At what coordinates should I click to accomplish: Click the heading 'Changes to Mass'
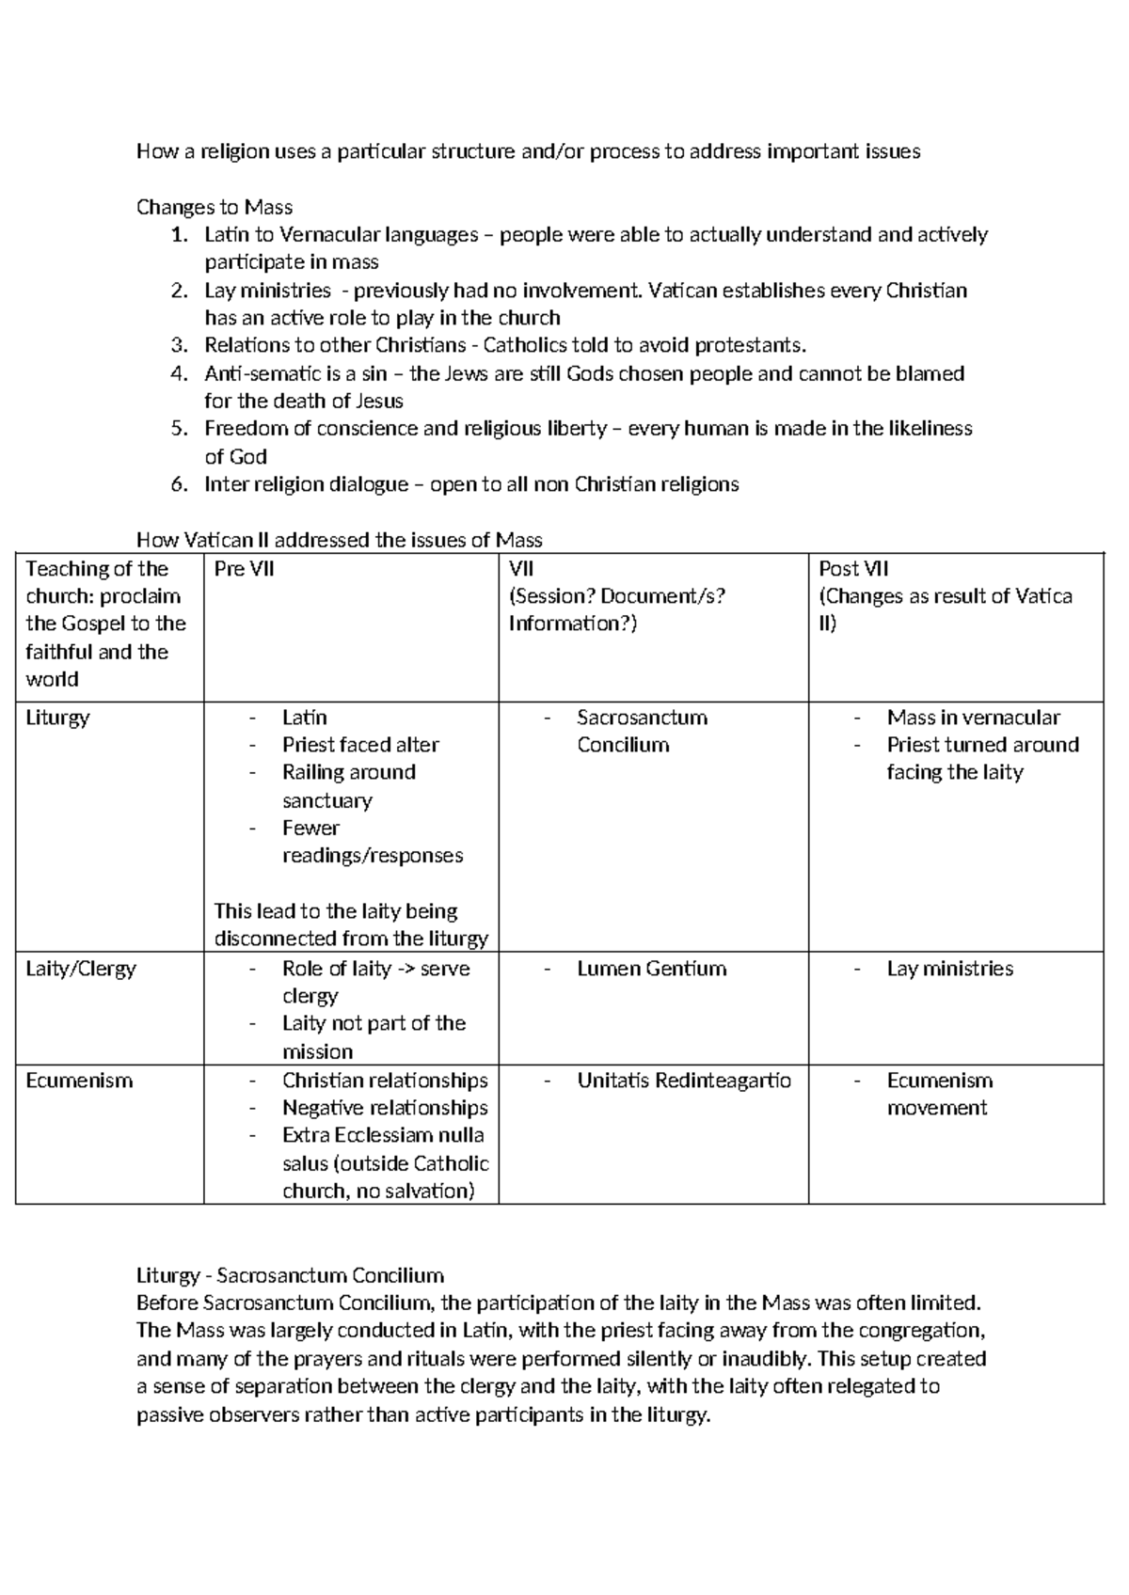point(215,207)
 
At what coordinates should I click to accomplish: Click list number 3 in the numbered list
point(180,345)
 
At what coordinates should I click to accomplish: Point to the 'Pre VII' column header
point(244,568)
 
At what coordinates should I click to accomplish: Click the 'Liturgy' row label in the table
point(57,718)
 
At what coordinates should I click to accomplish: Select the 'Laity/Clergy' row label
point(81,969)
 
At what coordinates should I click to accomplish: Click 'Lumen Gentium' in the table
point(651,969)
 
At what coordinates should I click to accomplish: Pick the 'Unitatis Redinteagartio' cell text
point(684,1081)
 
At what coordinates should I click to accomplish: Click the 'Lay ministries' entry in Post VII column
point(949,969)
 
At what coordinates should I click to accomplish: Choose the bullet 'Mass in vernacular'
point(973,718)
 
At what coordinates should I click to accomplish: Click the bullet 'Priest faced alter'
point(360,745)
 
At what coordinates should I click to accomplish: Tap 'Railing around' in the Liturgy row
point(348,772)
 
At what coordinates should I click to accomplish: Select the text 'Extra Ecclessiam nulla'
point(383,1135)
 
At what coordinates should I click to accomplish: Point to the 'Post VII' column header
point(853,568)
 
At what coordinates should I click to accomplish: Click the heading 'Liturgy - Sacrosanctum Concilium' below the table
point(290,1276)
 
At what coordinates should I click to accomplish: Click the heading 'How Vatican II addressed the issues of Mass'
point(340,540)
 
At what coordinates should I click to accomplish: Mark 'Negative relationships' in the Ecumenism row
point(385,1108)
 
